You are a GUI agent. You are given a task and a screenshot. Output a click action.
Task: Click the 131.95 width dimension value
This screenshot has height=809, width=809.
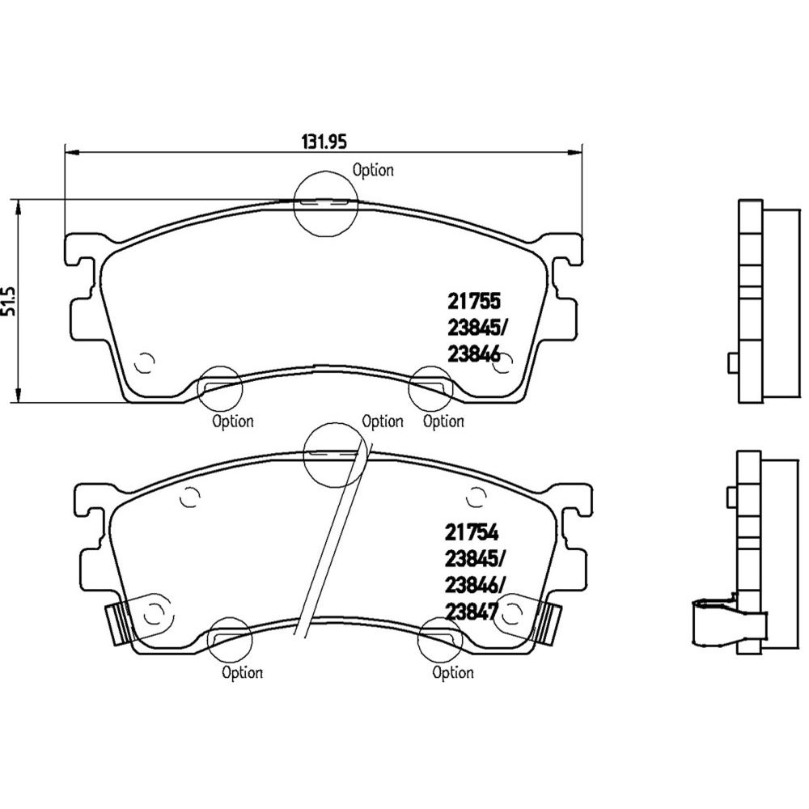(324, 142)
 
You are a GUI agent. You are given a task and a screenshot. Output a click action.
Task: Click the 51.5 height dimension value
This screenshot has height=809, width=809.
(9, 301)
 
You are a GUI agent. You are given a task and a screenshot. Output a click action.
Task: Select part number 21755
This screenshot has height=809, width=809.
(473, 301)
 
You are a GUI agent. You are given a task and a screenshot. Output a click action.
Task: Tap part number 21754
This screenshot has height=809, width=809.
(472, 532)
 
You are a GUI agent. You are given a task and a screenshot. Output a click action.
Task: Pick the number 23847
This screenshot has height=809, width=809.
(472, 612)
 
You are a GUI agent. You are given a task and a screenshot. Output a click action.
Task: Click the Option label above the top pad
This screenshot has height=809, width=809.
(372, 170)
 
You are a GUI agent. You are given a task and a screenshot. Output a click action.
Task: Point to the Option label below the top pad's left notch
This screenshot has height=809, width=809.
(233, 421)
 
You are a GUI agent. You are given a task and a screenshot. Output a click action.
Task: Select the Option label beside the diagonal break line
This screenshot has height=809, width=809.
(383, 421)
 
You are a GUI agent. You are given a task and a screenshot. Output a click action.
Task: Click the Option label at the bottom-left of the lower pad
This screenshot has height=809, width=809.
(242, 672)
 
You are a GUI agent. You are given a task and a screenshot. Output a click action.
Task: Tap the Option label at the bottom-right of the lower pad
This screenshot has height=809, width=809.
(452, 672)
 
